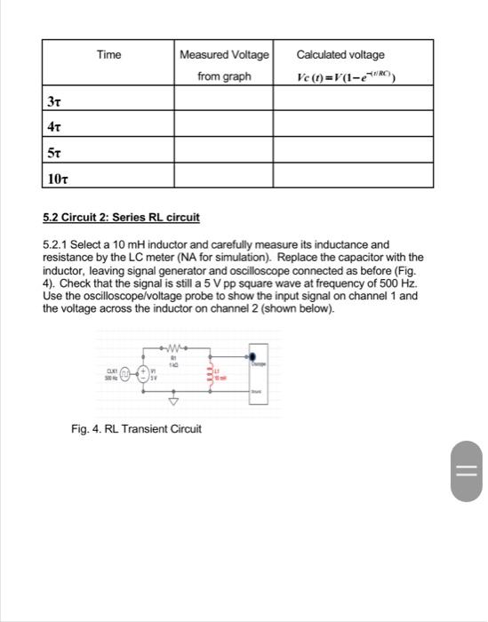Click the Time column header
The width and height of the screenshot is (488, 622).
[x=108, y=55]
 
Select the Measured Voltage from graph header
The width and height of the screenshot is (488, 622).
[x=224, y=65]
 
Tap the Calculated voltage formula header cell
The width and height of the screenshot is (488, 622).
[x=353, y=65]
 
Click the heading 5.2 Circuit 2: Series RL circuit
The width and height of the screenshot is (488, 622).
[x=121, y=217]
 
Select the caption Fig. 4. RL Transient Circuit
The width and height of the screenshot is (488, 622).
[x=136, y=429]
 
